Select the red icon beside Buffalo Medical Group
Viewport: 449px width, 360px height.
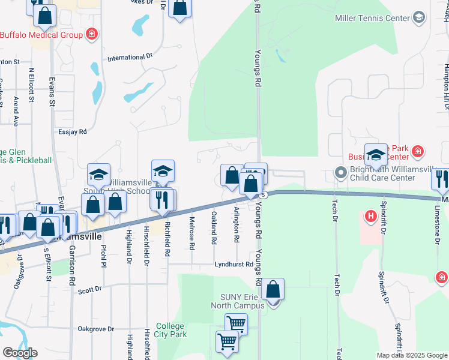click(92, 35)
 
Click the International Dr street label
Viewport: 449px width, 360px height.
click(130, 58)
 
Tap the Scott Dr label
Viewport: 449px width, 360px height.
click(90, 289)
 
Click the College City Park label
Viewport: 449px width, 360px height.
click(171, 331)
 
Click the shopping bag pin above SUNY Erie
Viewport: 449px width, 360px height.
click(273, 290)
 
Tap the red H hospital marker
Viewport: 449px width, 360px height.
click(371, 215)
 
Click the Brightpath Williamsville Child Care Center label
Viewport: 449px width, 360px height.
click(384, 174)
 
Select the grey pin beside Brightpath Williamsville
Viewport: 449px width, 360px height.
click(341, 174)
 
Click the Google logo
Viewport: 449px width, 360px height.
click(20, 353)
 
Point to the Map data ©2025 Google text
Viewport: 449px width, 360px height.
click(411, 355)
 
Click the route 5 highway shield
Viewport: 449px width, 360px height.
click(264, 195)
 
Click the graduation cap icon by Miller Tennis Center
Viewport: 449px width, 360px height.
click(418, 18)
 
